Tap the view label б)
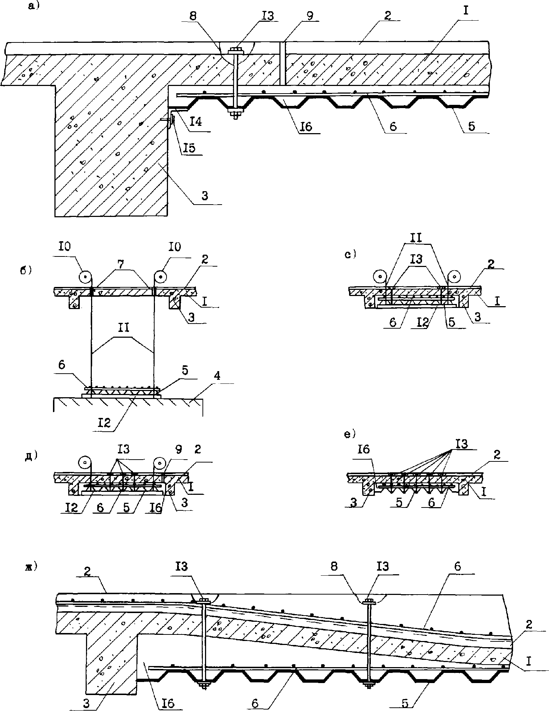[x=26, y=271]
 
